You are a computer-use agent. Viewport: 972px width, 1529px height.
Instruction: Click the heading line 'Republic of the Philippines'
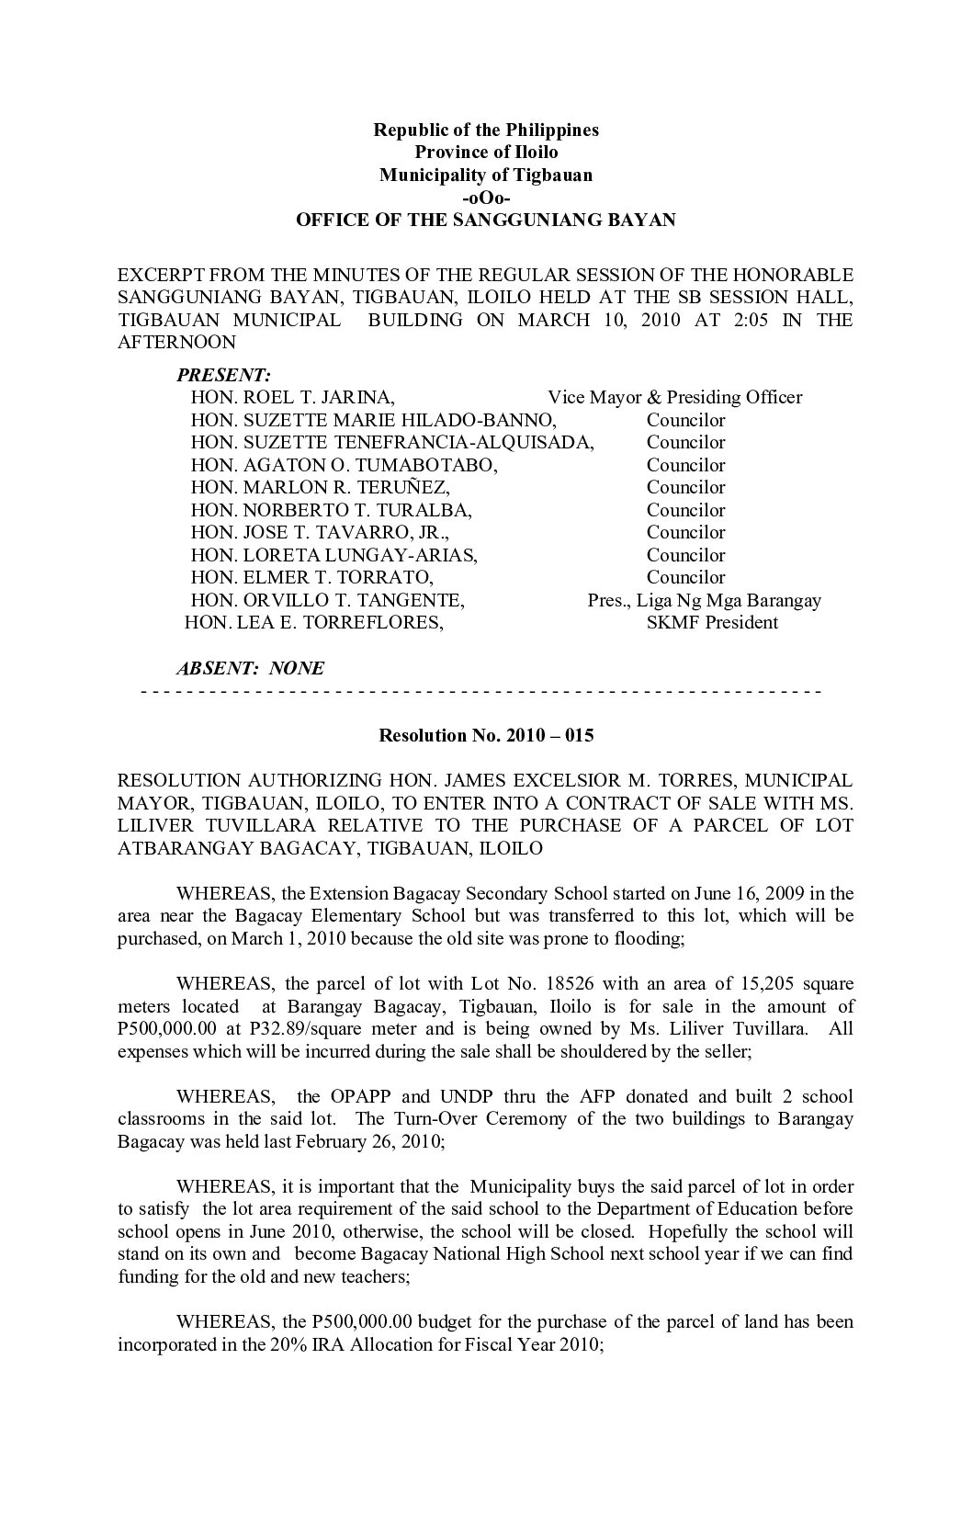(x=485, y=130)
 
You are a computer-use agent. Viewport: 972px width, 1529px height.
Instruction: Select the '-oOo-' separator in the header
(x=485, y=198)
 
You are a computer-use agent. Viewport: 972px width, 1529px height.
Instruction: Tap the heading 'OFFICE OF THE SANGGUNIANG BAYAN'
(x=485, y=221)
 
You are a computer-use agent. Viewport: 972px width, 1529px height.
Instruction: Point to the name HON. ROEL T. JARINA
(x=293, y=398)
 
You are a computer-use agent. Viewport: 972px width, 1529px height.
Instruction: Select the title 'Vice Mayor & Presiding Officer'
(x=674, y=398)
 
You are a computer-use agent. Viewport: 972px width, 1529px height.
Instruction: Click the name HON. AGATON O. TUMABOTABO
(x=345, y=466)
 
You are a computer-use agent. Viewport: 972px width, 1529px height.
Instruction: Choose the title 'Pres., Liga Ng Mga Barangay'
(x=704, y=601)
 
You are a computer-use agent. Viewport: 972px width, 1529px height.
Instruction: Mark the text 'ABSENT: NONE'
(x=250, y=669)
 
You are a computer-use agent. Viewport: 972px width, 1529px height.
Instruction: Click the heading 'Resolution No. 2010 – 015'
(x=486, y=736)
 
